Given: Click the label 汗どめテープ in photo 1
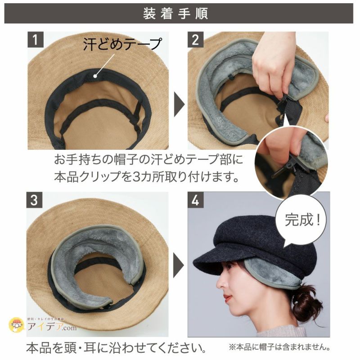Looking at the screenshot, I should [122, 44].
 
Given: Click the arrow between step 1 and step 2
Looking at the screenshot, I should [179, 107].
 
